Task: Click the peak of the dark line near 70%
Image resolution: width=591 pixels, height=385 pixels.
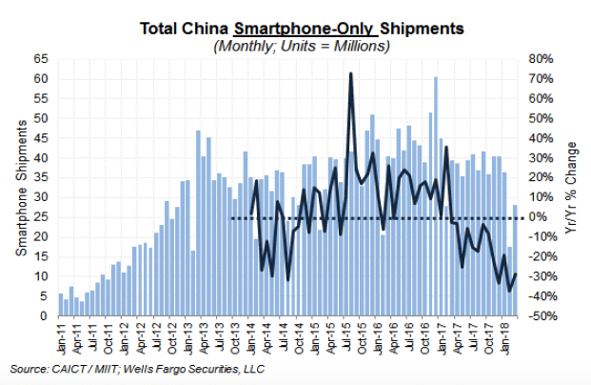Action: [x=351, y=73]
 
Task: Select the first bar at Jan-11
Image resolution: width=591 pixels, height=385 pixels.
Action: [x=61, y=304]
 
